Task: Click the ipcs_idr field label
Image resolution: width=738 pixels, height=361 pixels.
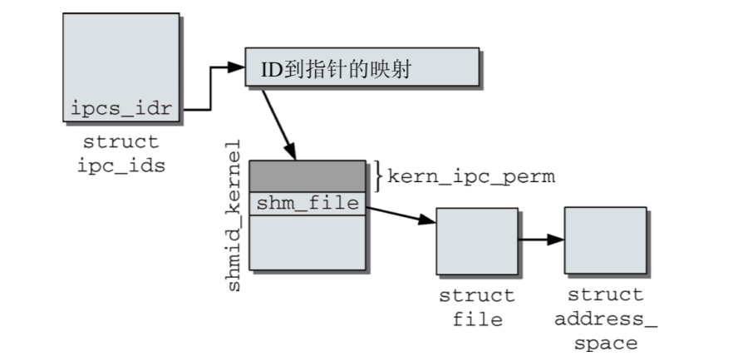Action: [x=121, y=108]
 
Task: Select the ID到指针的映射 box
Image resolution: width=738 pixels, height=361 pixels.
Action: [x=362, y=67]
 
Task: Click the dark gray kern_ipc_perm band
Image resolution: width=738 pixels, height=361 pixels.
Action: [x=307, y=176]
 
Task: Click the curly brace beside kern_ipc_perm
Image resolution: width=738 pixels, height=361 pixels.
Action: [x=378, y=176]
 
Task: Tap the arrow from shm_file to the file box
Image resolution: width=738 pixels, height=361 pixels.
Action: [x=401, y=214]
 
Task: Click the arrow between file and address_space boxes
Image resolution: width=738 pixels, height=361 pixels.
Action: [x=541, y=240]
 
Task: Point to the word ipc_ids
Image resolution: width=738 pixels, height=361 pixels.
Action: [x=121, y=165]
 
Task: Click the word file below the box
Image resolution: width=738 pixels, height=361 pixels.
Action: [x=477, y=319]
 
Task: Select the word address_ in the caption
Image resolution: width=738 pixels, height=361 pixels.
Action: [x=606, y=319]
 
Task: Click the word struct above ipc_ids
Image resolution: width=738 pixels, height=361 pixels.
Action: [x=121, y=142]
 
